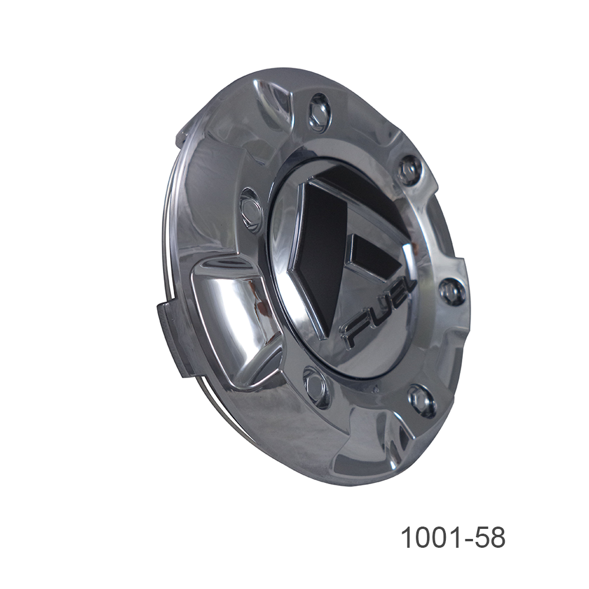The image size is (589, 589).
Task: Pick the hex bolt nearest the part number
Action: pos(422,401)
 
